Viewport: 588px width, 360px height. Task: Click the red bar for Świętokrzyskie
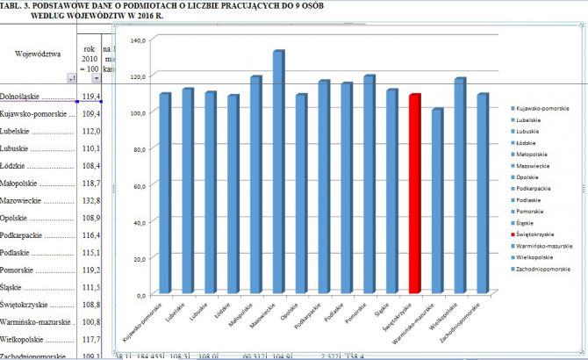(x=415, y=193)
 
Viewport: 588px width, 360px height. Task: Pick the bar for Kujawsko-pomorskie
(x=164, y=193)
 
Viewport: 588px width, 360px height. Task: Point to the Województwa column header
(x=38, y=54)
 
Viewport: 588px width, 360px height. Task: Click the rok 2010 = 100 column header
(x=90, y=58)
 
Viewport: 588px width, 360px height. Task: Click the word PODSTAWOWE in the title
(x=68, y=6)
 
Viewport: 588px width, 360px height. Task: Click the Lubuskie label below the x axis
(x=199, y=310)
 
